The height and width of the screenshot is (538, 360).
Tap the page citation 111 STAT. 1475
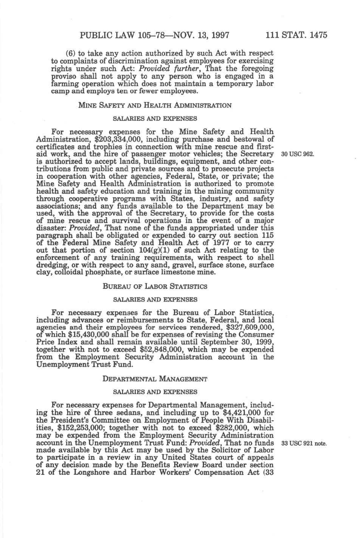[296, 35]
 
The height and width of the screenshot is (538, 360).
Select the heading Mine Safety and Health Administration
[155, 105]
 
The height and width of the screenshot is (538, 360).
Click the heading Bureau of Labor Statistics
[155, 286]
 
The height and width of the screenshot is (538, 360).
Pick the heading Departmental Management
[155, 379]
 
